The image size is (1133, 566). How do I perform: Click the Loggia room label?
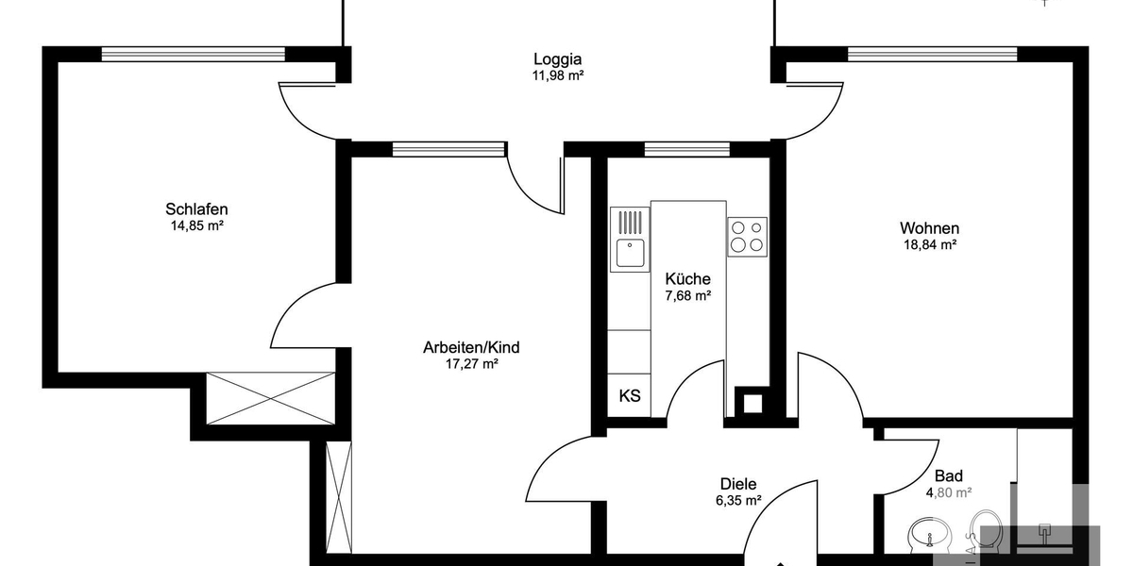(557, 58)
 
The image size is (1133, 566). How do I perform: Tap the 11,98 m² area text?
(557, 75)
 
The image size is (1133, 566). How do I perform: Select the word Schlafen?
(196, 208)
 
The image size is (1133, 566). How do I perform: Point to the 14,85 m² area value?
(196, 225)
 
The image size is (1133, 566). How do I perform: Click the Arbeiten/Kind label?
(471, 347)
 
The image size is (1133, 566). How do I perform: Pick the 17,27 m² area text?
(471, 364)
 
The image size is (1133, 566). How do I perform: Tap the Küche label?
(687, 279)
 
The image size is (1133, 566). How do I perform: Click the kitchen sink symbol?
(630, 252)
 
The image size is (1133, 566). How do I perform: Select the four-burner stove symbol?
(747, 236)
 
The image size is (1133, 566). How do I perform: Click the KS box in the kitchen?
(630, 395)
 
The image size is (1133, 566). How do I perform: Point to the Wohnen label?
(929, 228)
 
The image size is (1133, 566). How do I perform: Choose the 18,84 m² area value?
(929, 245)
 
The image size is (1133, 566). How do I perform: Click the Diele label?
(738, 483)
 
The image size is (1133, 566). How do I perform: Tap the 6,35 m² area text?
(738, 501)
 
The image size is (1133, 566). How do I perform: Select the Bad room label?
(948, 476)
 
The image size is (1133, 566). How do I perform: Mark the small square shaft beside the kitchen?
(752, 403)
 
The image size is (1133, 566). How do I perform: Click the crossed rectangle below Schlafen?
(271, 398)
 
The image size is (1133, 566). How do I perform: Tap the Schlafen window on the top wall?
(193, 54)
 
